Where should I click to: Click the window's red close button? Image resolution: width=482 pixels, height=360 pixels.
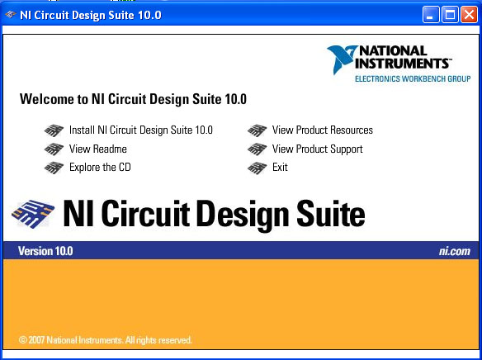pos(469,14)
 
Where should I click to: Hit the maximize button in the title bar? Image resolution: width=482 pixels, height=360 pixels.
pos(450,14)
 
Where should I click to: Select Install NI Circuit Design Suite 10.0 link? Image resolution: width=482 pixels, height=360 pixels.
pos(141,130)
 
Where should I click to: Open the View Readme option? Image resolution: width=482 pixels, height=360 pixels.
pos(98,149)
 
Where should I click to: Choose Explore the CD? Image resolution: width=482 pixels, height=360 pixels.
pos(100,168)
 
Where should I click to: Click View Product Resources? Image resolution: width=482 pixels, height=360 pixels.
pos(323,130)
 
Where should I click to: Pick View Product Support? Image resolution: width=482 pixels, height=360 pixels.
pos(317,149)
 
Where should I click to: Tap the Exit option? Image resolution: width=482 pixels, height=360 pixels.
pos(280,168)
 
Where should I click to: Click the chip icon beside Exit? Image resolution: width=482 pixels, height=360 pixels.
pos(257,168)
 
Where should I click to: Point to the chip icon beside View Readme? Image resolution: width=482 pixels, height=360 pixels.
pos(54,149)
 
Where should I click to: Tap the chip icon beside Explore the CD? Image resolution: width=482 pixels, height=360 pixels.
pos(54,168)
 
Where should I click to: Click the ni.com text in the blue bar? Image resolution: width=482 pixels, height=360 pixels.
pos(454,251)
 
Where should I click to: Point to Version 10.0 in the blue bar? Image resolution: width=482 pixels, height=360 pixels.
pos(45,251)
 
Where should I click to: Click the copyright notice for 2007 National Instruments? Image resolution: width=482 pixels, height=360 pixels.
pos(105,340)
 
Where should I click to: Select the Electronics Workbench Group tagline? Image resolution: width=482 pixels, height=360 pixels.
pos(413,78)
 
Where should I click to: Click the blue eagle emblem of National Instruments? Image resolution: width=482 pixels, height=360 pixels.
pos(342,59)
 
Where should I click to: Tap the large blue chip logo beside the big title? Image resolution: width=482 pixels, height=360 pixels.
pos(33,214)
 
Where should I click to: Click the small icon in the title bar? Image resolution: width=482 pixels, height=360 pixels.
pos(11,14)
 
